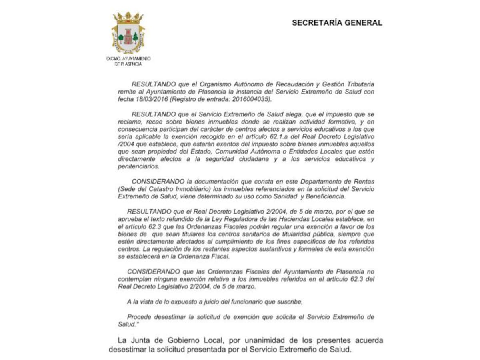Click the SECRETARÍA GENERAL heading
pyautogui.click(x=337, y=23)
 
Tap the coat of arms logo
pyautogui.click(x=128, y=34)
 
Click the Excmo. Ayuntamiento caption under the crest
pyautogui.click(x=128, y=61)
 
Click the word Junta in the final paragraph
pyautogui.click(x=144, y=341)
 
